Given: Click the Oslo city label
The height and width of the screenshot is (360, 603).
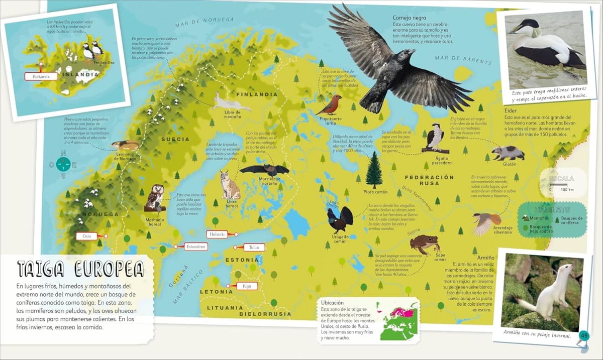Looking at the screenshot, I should [x=87, y=236].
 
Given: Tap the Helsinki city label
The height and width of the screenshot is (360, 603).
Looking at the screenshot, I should [x=217, y=234].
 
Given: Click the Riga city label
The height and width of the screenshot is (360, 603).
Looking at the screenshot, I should [x=246, y=286].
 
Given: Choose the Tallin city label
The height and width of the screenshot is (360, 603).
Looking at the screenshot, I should [x=253, y=247].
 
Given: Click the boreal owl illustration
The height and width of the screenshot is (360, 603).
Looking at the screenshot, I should [x=154, y=198].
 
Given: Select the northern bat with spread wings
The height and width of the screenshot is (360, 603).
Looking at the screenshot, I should [x=264, y=170].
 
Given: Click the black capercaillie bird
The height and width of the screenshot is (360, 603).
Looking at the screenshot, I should [x=340, y=219].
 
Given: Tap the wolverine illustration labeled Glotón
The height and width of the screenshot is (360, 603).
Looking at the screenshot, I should [x=508, y=153].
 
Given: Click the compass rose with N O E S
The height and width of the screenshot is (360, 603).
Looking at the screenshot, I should [x=63, y=164].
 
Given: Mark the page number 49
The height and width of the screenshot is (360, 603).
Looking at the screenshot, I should [x=583, y=335].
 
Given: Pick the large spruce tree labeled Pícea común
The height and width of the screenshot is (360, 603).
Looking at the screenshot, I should [x=373, y=171].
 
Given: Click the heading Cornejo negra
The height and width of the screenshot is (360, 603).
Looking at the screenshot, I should [x=409, y=18].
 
